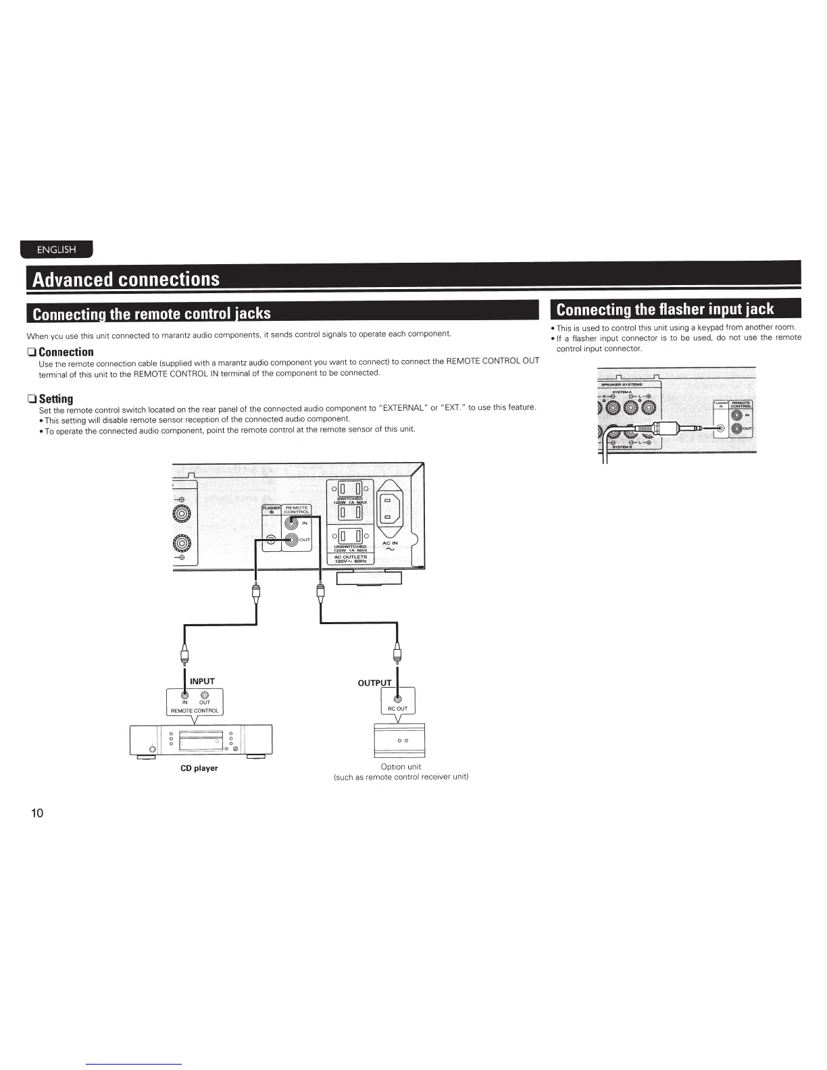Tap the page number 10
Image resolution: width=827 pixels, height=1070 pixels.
(36, 813)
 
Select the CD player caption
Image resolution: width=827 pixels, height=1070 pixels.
(199, 768)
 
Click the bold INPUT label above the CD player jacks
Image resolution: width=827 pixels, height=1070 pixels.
(202, 681)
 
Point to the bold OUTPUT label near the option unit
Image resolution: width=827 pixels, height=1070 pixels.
(374, 683)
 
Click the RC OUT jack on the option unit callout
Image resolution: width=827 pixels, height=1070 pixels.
(397, 698)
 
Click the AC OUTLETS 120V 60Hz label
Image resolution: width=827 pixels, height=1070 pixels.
(350, 559)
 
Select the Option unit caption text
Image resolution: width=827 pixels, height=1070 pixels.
(401, 767)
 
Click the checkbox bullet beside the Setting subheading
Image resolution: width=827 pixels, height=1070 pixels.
(31, 399)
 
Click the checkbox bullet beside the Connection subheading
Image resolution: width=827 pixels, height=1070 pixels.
(31, 352)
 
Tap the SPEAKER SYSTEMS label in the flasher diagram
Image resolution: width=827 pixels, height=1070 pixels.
(622, 384)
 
